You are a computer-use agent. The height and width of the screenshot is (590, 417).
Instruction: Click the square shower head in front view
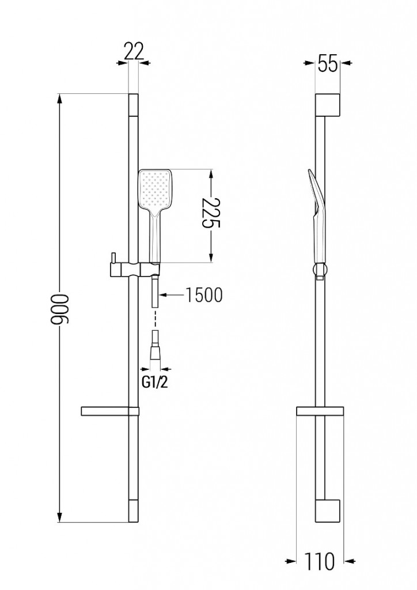(155, 190)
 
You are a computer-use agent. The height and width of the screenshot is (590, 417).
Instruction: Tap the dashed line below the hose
(154, 320)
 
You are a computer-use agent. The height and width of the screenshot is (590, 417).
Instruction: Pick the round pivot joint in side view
(320, 269)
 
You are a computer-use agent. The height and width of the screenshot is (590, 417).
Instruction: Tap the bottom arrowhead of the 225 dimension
(212, 259)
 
